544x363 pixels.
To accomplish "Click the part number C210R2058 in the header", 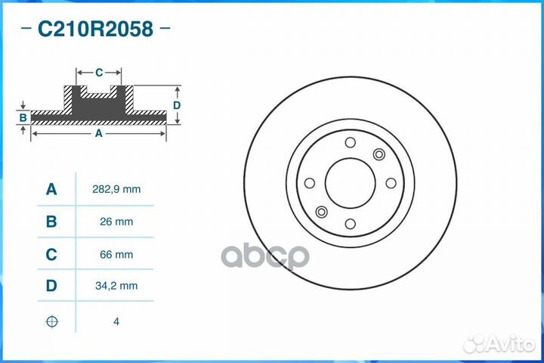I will pos(95,29).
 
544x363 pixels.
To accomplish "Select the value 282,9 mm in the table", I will pos(116,190).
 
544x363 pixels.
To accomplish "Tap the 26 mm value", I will pos(116,222).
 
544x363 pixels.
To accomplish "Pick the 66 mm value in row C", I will pos(116,255).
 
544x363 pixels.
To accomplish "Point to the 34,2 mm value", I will pos(116,286).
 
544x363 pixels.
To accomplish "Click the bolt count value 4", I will pos(116,321).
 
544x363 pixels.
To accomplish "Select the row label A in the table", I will pos(51,190).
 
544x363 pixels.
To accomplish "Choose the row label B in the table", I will pos(51,222).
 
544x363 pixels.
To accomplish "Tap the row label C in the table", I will pos(51,255).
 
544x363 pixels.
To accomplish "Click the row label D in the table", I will pos(51,286).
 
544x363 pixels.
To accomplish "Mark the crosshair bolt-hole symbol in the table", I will pos(51,321).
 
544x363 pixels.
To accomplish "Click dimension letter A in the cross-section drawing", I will pos(98,133).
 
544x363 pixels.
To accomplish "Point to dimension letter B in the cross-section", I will pos(23,117).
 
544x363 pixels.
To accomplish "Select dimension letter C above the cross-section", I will pos(99,73).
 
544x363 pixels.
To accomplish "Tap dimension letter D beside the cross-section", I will pos(176,105).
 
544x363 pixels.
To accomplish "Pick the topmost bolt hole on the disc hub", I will pos(350,143).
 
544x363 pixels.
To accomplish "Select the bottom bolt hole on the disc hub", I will pos(350,223).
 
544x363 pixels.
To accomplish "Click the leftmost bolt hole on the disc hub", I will pos(309,183).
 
